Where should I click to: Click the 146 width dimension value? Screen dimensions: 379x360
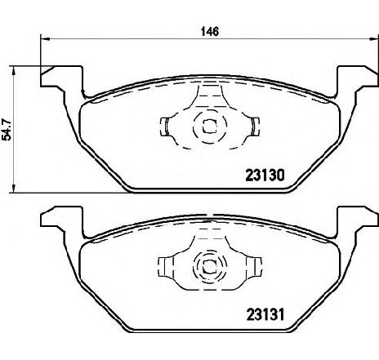point(210,32)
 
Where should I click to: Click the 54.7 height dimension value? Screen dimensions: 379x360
point(7,129)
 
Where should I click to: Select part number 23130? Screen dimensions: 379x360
point(265,176)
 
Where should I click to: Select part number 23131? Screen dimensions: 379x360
point(265,314)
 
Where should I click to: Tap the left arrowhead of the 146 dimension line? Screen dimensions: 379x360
point(45,39)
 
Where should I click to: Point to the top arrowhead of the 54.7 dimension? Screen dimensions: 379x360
point(13,70)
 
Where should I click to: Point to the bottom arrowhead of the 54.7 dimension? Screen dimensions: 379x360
point(13,189)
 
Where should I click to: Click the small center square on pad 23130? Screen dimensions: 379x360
point(209,127)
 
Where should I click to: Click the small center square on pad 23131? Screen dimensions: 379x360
point(209,267)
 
